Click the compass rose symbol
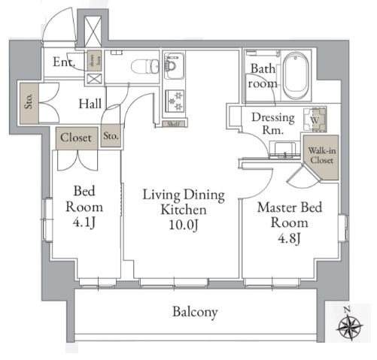tap(348, 327)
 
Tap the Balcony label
tap(194, 311)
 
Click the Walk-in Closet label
tap(320, 156)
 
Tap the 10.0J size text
tap(184, 225)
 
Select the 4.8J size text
tap(289, 238)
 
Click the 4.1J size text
tap(83, 223)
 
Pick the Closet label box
tap(75, 138)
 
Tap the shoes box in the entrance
tap(95, 59)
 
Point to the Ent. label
tap(62, 63)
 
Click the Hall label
tap(91, 104)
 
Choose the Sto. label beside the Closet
tap(111, 136)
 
